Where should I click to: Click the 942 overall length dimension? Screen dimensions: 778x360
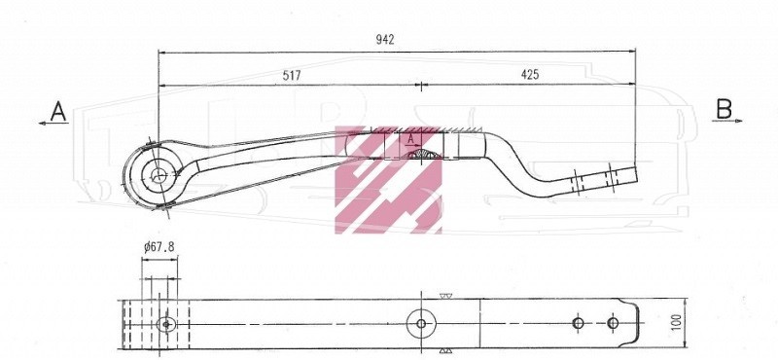tap(385, 40)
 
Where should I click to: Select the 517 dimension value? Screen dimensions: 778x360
tap(292, 76)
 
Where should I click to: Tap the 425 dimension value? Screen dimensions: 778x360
tap(529, 75)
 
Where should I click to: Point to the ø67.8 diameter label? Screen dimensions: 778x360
tap(159, 247)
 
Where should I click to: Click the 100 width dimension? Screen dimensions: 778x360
tap(678, 324)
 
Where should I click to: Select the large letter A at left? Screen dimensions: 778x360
tap(58, 111)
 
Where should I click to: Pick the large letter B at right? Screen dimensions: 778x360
tap(724, 109)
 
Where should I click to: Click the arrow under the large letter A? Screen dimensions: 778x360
tap(53, 124)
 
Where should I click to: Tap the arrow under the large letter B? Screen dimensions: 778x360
tap(727, 121)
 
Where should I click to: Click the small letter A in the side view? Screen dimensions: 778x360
tap(410, 139)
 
